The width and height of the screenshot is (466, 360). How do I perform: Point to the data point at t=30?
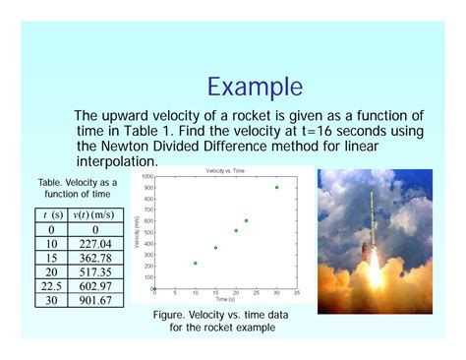(x=276, y=187)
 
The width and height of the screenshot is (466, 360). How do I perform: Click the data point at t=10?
(x=195, y=263)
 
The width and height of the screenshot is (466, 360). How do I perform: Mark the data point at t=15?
(x=215, y=248)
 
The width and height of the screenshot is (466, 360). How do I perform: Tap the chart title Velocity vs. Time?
(x=225, y=171)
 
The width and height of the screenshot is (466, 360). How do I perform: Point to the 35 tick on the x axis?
(x=297, y=293)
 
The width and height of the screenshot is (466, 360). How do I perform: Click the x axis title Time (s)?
(x=225, y=299)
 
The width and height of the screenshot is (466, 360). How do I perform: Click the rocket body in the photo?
(x=374, y=226)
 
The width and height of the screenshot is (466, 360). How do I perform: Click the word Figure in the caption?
(x=172, y=313)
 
